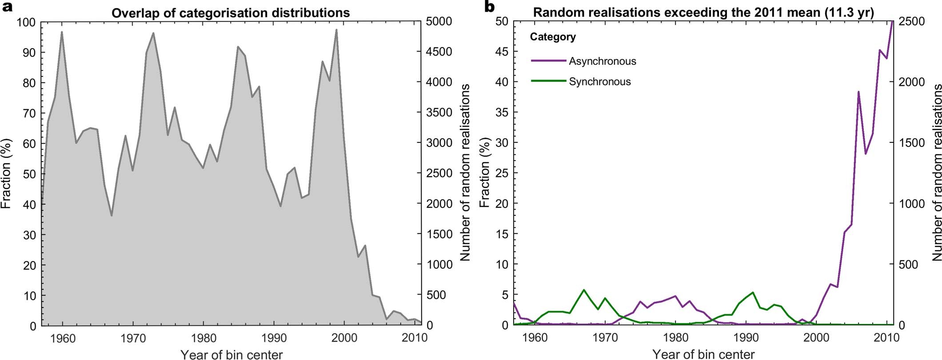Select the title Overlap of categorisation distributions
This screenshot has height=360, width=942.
231,13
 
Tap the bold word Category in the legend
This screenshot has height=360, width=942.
552,37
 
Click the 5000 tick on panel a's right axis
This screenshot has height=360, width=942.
439,22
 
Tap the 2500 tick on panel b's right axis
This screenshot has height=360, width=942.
911,22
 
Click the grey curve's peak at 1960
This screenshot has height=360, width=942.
62,32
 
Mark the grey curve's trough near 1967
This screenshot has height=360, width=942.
112,215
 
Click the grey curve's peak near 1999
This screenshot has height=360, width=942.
336,30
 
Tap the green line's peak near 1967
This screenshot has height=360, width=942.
584,290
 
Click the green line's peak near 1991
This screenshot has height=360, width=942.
753,292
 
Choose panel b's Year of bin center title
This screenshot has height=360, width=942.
703,354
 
